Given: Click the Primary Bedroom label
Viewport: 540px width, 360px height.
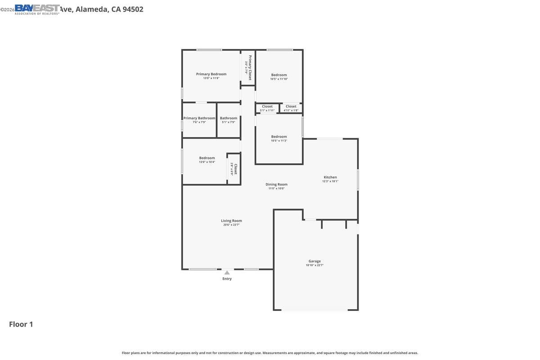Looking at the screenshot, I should click(x=211, y=74).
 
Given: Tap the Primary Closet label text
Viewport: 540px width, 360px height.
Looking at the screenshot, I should click(x=250, y=67).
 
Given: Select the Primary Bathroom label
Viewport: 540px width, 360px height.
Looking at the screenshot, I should click(x=199, y=118).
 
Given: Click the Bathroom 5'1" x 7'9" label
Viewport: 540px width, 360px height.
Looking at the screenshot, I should click(x=229, y=118).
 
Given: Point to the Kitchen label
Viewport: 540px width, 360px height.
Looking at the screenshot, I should click(x=330, y=177).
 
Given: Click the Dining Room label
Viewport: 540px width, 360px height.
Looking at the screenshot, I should click(x=276, y=184).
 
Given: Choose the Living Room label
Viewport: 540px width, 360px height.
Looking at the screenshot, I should click(x=231, y=221).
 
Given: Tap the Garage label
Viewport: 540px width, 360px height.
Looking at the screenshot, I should click(x=315, y=261).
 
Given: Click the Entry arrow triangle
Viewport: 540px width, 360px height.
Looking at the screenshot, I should click(x=227, y=272).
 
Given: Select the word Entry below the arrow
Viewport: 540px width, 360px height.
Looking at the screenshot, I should click(x=227, y=279).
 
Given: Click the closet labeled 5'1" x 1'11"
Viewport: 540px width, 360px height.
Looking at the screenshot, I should click(x=267, y=108).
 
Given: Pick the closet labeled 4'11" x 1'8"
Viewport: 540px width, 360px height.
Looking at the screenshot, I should click(x=291, y=108).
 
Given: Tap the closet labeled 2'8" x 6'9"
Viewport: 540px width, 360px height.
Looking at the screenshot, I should click(x=234, y=169).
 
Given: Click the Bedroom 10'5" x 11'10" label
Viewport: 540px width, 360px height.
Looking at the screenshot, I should click(x=279, y=75).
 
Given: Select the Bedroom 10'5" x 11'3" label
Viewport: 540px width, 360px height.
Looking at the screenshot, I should click(x=279, y=137).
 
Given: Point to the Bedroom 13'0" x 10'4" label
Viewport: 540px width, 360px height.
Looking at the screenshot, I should click(x=207, y=158).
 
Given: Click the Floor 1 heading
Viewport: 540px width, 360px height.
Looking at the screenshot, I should click(x=21, y=324).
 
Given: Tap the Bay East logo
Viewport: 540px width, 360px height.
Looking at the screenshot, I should click(x=37, y=9).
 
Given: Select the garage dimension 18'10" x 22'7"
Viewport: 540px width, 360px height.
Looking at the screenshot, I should click(x=315, y=265).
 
